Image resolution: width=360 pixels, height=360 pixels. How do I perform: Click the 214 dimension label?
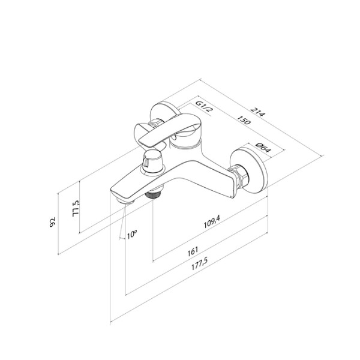(x=258, y=112)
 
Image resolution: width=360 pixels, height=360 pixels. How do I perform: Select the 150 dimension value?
(x=244, y=120)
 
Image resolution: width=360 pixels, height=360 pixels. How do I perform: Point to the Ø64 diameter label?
(x=263, y=148)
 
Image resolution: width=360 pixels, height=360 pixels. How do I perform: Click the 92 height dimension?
(x=53, y=222)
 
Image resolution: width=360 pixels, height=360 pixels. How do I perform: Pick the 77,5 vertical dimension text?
(x=76, y=209)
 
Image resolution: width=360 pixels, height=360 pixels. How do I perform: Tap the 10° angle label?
(x=132, y=234)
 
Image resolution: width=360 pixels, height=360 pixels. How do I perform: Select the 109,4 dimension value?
(x=212, y=222)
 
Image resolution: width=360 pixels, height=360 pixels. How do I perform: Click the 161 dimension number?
(x=193, y=251)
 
